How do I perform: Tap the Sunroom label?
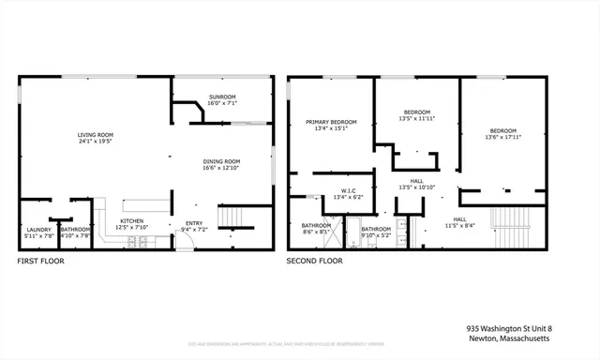click(x=221, y=97)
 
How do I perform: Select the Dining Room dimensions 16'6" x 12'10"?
click(x=221, y=167)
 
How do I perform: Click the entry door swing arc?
click(x=187, y=240)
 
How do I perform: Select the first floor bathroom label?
click(x=75, y=230)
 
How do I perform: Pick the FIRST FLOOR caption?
click(x=40, y=262)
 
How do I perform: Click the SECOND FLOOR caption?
click(x=314, y=262)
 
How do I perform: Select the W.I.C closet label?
click(x=337, y=191)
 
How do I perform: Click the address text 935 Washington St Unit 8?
click(x=509, y=328)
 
